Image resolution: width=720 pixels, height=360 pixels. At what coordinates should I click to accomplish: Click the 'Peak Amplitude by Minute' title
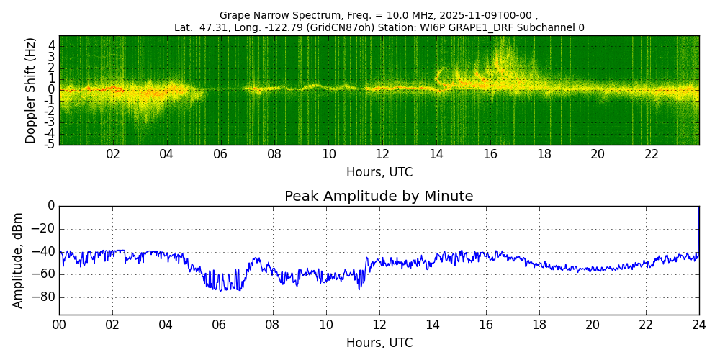click(379, 197)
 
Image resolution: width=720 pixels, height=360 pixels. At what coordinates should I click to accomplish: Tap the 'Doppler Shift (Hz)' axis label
click(30, 90)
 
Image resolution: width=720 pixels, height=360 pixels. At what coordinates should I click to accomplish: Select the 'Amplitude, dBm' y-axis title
click(19, 260)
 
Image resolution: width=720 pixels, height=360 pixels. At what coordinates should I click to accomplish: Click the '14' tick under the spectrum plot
click(436, 154)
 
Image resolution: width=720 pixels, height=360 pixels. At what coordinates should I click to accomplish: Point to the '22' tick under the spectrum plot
click(652, 154)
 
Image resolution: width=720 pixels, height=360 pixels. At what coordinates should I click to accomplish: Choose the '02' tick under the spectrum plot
click(113, 154)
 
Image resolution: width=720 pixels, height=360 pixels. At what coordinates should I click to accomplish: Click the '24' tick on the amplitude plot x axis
click(699, 325)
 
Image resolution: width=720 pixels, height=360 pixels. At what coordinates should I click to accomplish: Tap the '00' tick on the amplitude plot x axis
click(59, 325)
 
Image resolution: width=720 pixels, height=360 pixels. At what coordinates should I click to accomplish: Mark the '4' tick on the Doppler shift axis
click(52, 45)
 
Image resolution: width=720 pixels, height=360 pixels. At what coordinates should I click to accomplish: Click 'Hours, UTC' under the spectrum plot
click(379, 172)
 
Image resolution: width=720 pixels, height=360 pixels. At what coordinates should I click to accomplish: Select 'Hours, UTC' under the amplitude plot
click(379, 343)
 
